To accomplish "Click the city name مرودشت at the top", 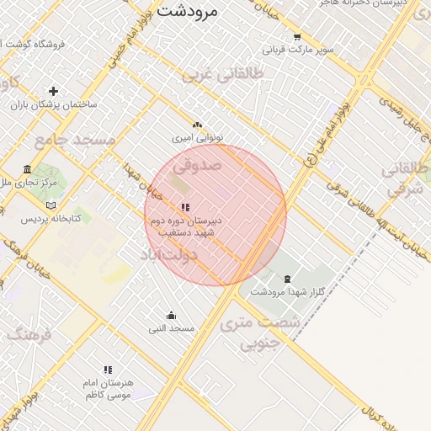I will (187, 11).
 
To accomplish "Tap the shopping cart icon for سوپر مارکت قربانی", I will (296, 37).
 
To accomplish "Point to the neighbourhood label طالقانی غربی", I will (221, 76).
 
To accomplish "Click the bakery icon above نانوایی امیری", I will (197, 124).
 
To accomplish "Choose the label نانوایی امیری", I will (194, 136).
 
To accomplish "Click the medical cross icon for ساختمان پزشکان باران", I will (54, 91).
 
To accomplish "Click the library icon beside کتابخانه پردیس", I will (51, 205).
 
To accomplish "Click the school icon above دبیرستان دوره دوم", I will (184, 207).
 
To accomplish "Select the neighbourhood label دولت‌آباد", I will (168, 253).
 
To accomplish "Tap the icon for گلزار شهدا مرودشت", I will (288, 279).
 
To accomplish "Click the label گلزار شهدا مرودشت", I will (288, 291).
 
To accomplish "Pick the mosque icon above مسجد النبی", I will (172, 316).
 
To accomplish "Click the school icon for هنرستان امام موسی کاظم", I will (107, 370).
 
